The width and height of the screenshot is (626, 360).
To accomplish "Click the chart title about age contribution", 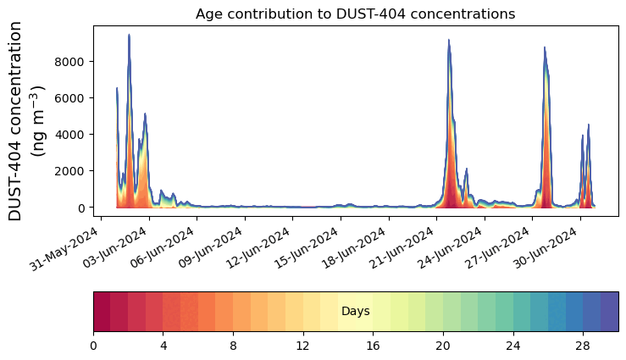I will pyautogui.click(x=355, y=14).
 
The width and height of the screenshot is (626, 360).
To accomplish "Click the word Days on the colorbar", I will pyautogui.click(x=355, y=312).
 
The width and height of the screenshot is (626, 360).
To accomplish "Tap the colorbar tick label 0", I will pyautogui.click(x=93, y=346).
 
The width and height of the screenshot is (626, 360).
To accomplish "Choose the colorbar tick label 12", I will pyautogui.click(x=303, y=346).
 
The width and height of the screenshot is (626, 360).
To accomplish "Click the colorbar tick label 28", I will pyautogui.click(x=583, y=346).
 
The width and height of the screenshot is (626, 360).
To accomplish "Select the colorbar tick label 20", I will pyautogui.click(x=443, y=346).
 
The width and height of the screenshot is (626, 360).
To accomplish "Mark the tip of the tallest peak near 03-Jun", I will pyautogui.click(x=129, y=35).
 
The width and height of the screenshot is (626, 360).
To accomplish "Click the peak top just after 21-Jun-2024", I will pyautogui.click(x=449, y=40).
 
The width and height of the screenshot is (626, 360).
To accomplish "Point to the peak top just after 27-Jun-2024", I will pyautogui.click(x=545, y=47).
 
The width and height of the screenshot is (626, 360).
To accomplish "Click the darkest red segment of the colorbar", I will pyautogui.click(x=102, y=312).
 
